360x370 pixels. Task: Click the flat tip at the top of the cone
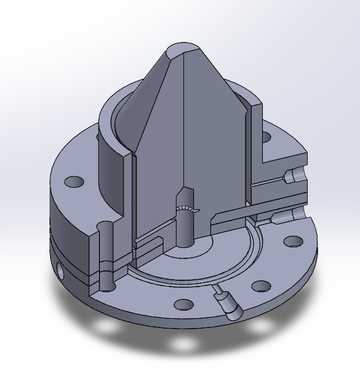tap(183, 48)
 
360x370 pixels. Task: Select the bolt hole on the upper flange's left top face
tap(74, 182)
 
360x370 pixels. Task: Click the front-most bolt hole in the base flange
tap(183, 304)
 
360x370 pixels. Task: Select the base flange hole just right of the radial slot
tap(261, 285)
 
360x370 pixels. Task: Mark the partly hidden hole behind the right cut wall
tap(266, 137)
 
